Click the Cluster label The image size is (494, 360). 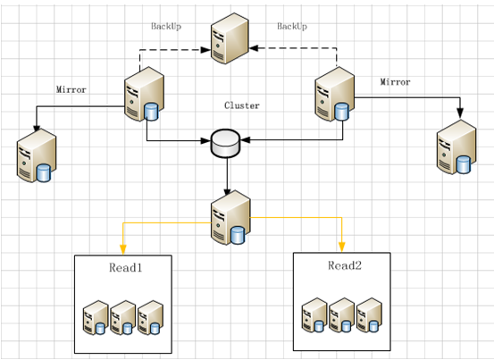tap(242, 105)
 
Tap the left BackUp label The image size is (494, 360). tap(166, 26)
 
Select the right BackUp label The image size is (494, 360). tap(292, 26)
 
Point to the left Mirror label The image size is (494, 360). tap(71, 89)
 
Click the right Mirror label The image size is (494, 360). tap(395, 82)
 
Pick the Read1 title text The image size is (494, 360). tap(125, 268)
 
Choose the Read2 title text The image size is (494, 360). tap(345, 265)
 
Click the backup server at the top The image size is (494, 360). tap(230, 38)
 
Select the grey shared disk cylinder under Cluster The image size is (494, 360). tap(226, 143)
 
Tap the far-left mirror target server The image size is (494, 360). tap(37, 155)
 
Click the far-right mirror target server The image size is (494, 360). tap(456, 147)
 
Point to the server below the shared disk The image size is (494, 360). tap(230, 217)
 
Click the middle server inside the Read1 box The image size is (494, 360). tap(123, 317)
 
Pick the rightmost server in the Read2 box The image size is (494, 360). tap(369, 315)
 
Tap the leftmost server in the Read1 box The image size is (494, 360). tap(96, 317)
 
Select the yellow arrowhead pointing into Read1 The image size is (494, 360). tap(123, 250)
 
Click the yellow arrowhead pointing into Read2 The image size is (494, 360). tap(342, 247)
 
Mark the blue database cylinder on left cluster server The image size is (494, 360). tap(151, 113)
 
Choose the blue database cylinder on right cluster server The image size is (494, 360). tap(342, 113)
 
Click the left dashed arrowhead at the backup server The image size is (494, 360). tap(205, 49)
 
